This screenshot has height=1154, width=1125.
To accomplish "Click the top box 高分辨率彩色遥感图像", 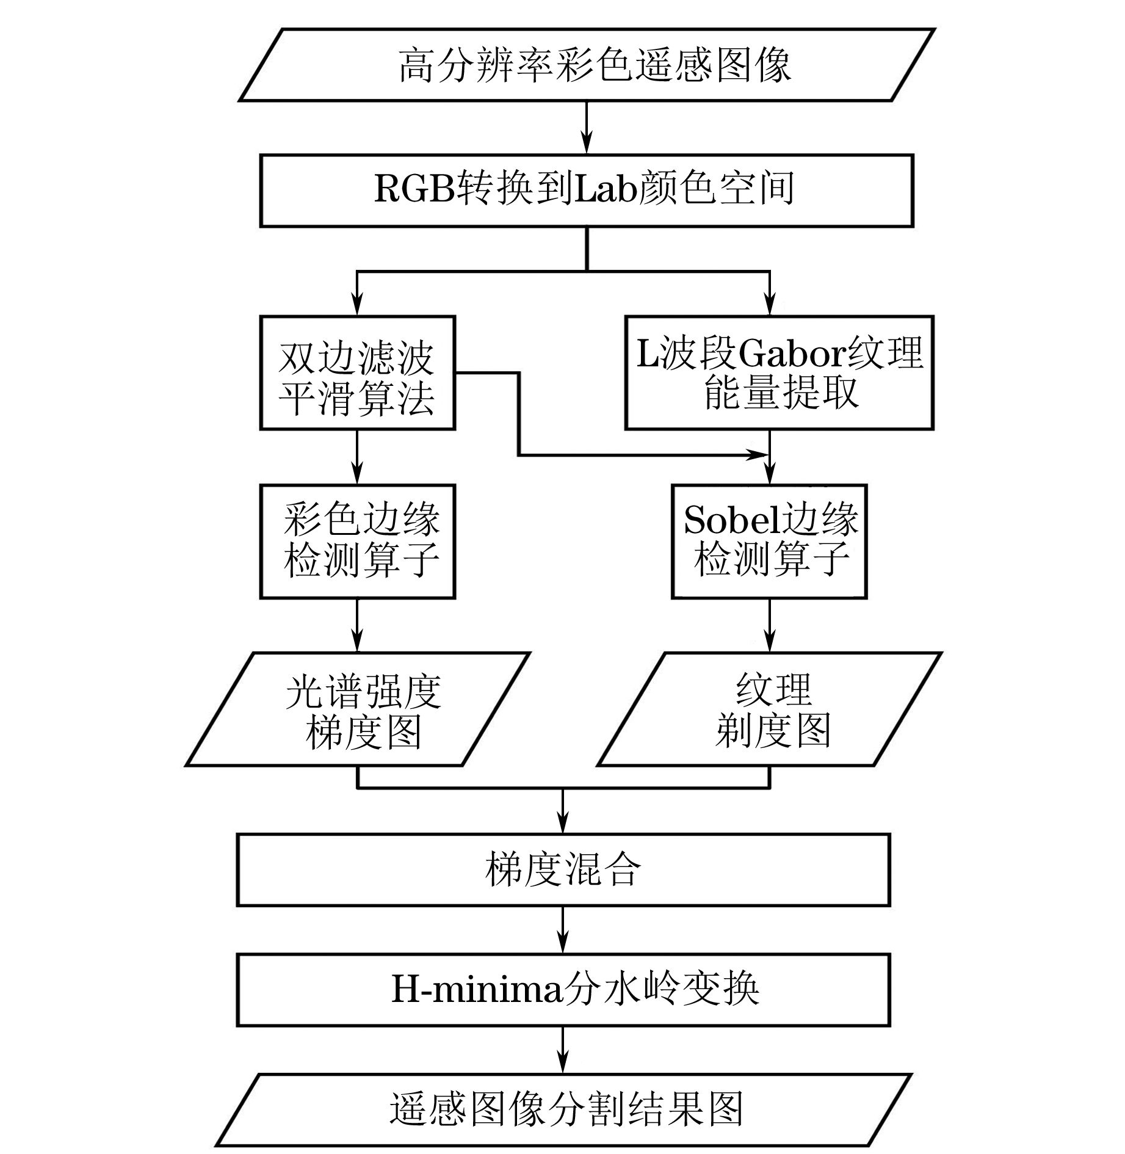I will (x=586, y=65).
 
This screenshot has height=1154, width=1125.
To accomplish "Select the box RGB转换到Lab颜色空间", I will (x=586, y=191).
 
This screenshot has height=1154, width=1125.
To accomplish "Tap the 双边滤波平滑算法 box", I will (x=357, y=372).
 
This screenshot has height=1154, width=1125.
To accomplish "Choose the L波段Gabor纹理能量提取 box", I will (x=779, y=372).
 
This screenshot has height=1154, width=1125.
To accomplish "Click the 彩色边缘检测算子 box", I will (x=357, y=541).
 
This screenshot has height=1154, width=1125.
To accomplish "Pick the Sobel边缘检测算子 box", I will (x=769, y=541).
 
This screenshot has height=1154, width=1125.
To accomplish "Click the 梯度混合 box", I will (x=563, y=869).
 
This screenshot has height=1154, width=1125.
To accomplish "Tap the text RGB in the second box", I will (x=415, y=189).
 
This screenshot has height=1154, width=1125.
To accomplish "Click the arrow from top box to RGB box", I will (x=586, y=128).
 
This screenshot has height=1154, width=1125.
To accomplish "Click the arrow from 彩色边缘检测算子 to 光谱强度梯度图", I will (x=357, y=626).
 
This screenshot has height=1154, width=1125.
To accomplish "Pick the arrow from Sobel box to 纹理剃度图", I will (x=769, y=626).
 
